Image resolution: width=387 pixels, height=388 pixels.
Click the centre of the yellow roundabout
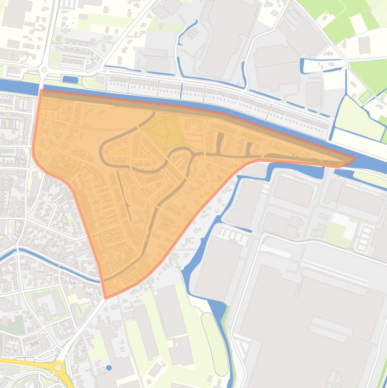(x=59, y=367)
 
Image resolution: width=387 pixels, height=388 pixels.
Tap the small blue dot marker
(x=109, y=368)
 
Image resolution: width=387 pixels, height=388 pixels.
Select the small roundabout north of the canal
(x=44, y=70)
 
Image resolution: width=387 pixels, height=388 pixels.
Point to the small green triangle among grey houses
(x=64, y=219)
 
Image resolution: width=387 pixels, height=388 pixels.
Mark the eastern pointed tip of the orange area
(x=354, y=159)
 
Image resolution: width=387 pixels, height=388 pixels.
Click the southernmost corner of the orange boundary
(x=105, y=297)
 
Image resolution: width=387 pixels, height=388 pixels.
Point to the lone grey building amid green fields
(x=364, y=45)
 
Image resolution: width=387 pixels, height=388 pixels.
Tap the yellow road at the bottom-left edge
(x=20, y=362)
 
